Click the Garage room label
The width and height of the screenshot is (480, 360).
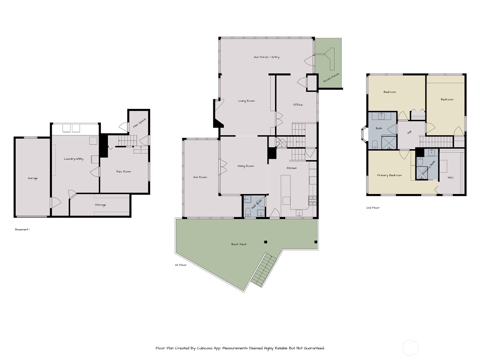coord(33,178)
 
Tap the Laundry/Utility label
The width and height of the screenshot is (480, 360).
coord(73,159)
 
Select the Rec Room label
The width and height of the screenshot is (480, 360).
coord(124,172)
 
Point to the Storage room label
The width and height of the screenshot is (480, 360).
coord(100,205)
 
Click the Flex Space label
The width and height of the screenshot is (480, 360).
coord(139,123)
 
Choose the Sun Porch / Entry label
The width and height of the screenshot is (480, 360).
coord(266,57)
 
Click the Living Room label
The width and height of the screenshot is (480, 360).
coord(246,101)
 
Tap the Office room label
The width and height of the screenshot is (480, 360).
coord(298,105)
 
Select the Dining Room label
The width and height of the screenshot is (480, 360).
coord(245,166)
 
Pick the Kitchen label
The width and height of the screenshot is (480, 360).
coord(292,168)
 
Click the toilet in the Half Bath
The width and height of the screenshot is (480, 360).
coord(248,213)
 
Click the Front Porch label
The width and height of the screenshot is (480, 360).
coord(331,78)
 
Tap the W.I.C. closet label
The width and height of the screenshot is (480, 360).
coord(451,178)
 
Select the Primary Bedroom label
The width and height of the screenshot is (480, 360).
coord(389,175)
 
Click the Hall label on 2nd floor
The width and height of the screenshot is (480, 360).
coord(409,132)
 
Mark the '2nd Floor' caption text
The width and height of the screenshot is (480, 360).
coord(373,208)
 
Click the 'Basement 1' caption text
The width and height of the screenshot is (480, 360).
coord(22,229)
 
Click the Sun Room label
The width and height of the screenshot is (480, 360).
coord(200,177)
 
